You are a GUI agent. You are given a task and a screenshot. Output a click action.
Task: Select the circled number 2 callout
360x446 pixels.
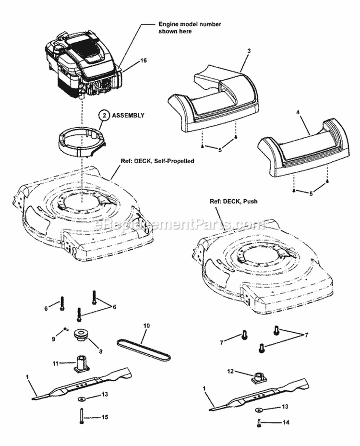pos(104,116)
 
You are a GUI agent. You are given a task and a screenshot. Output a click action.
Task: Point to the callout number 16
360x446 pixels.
pos(144,60)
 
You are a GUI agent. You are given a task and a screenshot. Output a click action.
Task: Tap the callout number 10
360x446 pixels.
pos(146,325)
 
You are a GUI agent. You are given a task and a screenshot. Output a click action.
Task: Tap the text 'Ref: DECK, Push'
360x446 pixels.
pos(233,202)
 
